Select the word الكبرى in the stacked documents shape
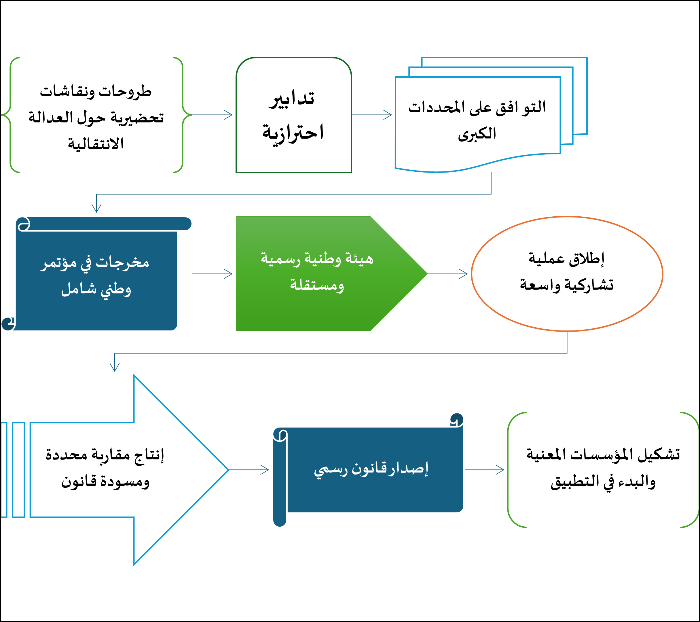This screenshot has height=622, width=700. click(x=477, y=134)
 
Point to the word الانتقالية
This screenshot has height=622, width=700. click(x=96, y=143)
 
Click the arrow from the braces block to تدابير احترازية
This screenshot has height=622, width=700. click(x=212, y=115)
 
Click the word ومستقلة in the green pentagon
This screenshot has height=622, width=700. click(x=317, y=285)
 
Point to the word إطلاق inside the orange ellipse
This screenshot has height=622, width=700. click(x=587, y=259)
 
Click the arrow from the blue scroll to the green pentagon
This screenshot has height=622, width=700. click(x=212, y=274)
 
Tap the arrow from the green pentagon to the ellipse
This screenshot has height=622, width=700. click(x=447, y=274)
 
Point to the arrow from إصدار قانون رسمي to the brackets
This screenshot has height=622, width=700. click(x=484, y=470)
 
